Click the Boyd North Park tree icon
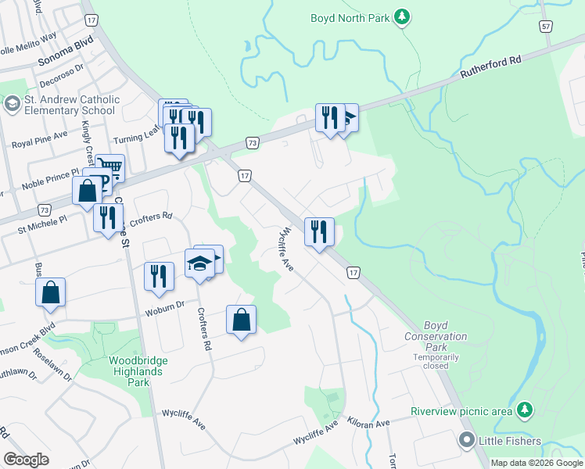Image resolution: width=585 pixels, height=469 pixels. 402,17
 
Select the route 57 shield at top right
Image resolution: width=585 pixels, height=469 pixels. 545,27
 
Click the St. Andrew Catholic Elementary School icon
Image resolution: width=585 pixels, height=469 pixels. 12,104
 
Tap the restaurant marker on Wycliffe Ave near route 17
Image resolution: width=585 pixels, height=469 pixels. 319,231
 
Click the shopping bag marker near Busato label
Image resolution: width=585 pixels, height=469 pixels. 50,293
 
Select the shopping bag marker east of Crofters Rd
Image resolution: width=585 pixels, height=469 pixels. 241,319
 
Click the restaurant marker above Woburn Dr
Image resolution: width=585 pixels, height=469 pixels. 158,275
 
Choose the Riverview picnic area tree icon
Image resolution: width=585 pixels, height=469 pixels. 526,410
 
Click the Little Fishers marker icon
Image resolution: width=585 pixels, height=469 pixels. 467,441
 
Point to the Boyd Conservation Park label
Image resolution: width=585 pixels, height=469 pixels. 436,336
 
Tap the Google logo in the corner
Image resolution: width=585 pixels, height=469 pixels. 27,460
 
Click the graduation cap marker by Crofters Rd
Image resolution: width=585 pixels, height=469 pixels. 202,262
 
